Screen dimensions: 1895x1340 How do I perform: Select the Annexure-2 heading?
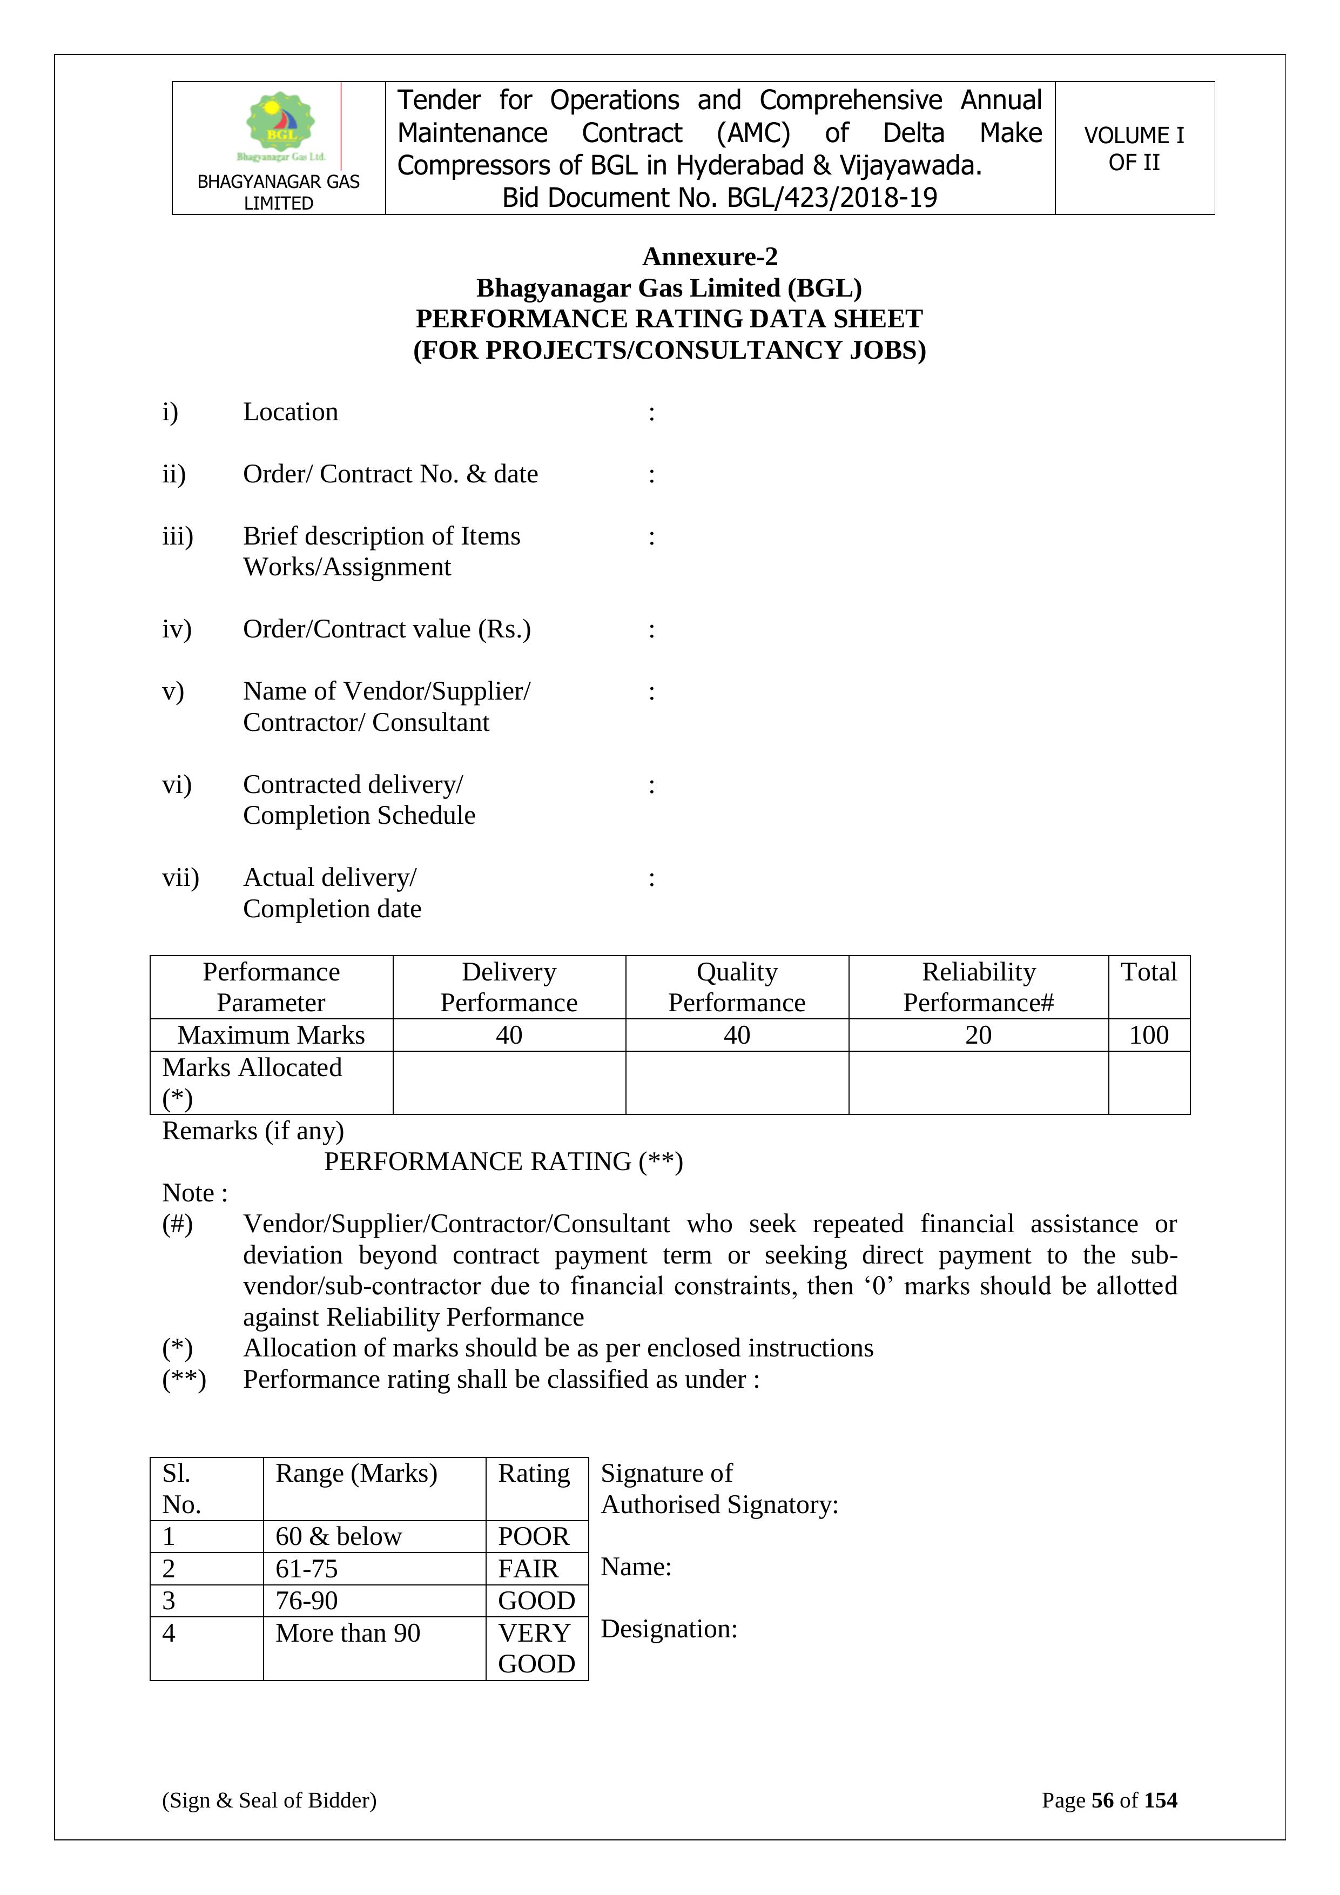click(x=710, y=257)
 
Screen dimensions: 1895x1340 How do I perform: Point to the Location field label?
click(x=291, y=412)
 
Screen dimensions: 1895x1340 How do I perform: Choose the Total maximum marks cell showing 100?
click(x=1149, y=1035)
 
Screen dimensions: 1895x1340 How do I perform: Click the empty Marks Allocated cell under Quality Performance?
click(x=737, y=1083)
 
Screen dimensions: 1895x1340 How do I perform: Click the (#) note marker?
click(x=177, y=1224)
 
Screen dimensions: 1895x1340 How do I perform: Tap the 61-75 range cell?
click(x=307, y=1568)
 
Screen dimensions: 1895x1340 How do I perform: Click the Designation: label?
click(x=668, y=1629)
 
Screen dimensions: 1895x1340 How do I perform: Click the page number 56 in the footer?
click(x=1102, y=1800)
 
